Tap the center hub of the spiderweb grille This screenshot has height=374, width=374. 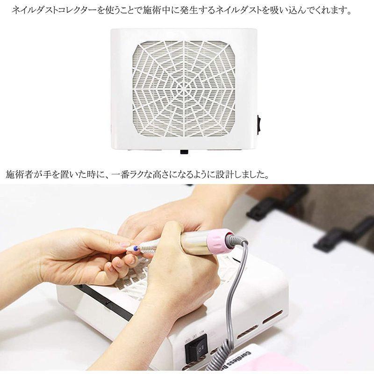tap(184, 88)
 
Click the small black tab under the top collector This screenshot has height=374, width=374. tap(184, 151)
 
